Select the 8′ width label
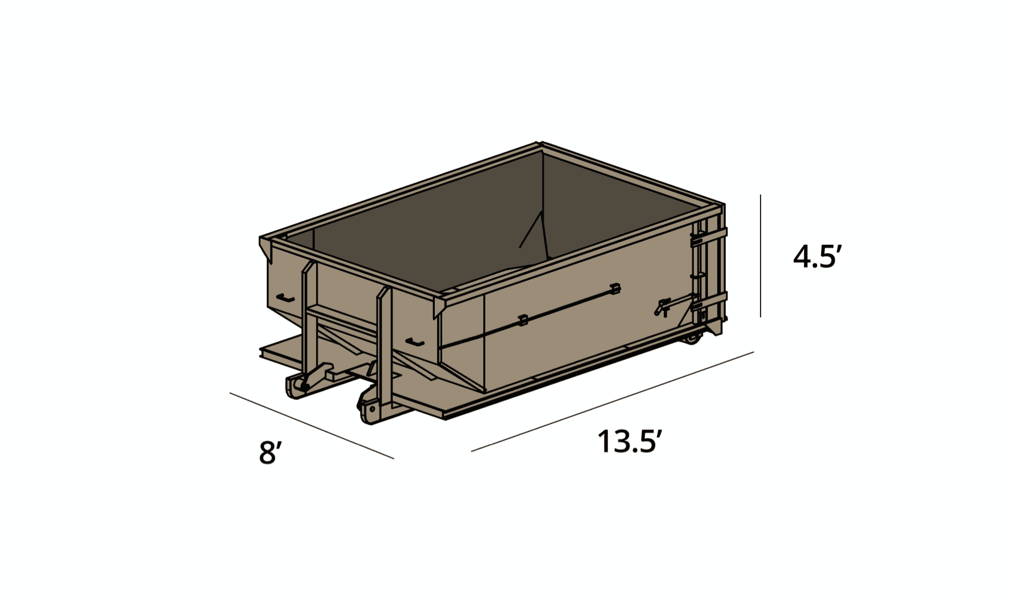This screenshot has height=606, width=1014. tap(269, 453)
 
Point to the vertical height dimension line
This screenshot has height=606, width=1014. tap(761, 256)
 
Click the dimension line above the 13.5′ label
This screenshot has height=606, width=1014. tap(612, 402)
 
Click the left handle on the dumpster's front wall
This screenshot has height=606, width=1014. tap(285, 299)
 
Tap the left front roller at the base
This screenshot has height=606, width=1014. tap(297, 386)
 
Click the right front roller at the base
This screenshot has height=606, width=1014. tap(367, 409)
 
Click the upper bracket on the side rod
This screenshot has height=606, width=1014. tap(615, 288)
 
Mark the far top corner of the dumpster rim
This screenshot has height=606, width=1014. tap(539, 146)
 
